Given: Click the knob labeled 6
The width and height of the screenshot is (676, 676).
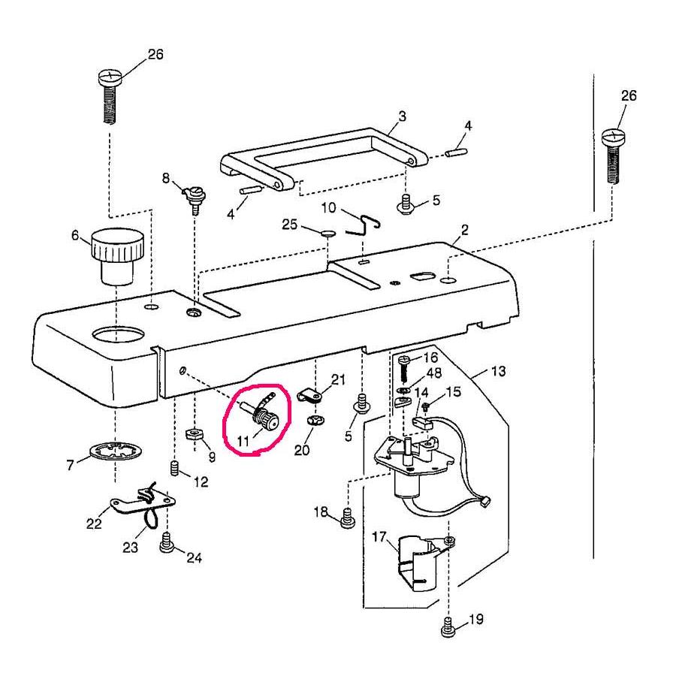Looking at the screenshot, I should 117,255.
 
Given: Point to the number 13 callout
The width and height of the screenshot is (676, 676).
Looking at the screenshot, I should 498,371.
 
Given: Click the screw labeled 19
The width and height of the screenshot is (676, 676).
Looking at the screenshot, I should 448,626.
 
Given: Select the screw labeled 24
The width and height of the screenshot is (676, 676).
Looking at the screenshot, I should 167,545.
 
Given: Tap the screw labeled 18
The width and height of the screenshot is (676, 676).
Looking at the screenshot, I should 347,518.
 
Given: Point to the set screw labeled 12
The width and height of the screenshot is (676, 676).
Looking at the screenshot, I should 174,469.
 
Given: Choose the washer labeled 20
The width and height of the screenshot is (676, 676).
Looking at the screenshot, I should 315,420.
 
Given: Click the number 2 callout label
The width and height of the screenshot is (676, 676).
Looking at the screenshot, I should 465,230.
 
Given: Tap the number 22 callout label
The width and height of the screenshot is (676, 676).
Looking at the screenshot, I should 93,524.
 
